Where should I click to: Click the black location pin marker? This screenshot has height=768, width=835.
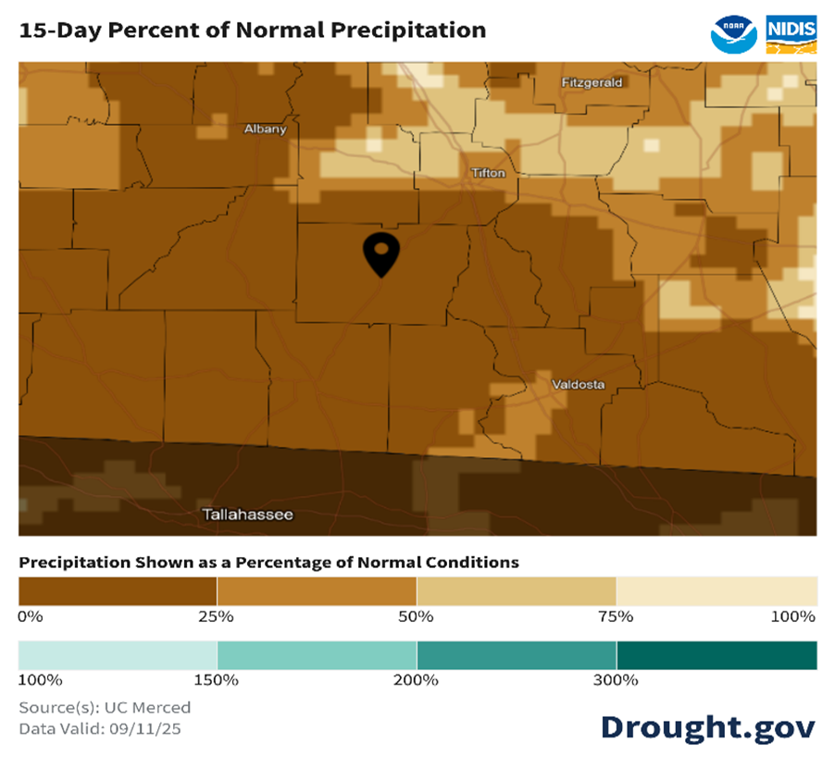point(381,253)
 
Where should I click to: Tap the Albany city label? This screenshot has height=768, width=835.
point(265,129)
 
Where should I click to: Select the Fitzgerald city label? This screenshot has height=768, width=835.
point(592,82)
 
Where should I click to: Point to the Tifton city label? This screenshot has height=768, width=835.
point(488,173)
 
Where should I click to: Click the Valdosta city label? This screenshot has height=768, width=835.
point(578,384)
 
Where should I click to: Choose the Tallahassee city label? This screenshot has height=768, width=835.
point(247,514)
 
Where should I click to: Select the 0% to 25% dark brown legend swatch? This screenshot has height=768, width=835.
point(118,590)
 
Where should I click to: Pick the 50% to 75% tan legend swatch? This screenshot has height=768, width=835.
point(517,590)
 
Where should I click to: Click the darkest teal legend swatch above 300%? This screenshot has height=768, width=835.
point(717,655)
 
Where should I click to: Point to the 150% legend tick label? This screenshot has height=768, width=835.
point(218,680)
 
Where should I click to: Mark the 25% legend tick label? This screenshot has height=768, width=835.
point(218,616)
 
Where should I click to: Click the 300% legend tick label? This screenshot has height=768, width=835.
point(616,680)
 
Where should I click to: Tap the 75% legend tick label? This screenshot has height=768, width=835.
point(616,616)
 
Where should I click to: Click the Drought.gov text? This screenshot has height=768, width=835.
point(707,726)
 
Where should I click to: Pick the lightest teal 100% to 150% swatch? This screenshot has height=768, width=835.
point(118,655)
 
